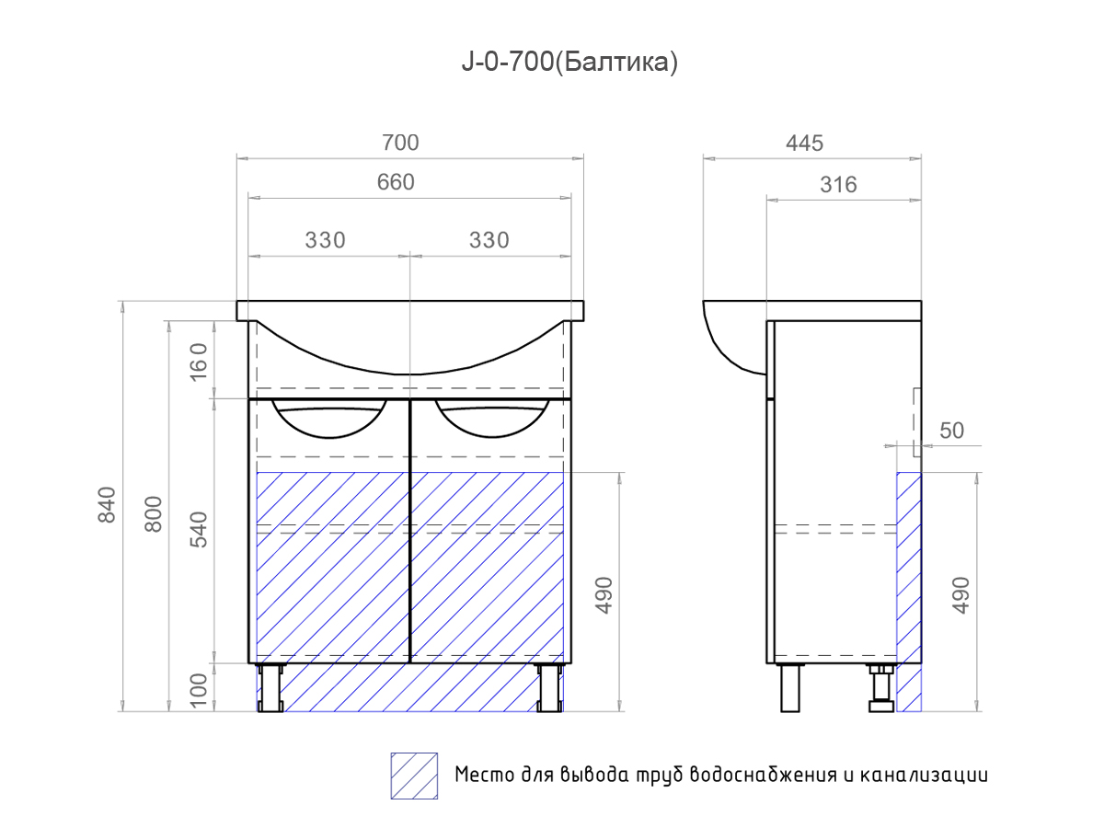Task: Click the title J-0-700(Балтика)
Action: click(569, 63)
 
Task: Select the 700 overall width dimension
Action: click(400, 143)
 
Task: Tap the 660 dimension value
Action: click(396, 182)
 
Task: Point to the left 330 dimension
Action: click(325, 240)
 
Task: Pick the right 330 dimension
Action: click(489, 240)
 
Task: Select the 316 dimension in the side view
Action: click(837, 185)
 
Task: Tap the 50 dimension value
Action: click(952, 431)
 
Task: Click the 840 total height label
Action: click(108, 504)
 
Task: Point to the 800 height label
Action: click(154, 513)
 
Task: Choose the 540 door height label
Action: click(201, 528)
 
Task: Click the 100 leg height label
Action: click(201, 688)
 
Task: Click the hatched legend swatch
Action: click(414, 776)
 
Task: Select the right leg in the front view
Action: click(549, 688)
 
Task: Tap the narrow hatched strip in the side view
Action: click(909, 589)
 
